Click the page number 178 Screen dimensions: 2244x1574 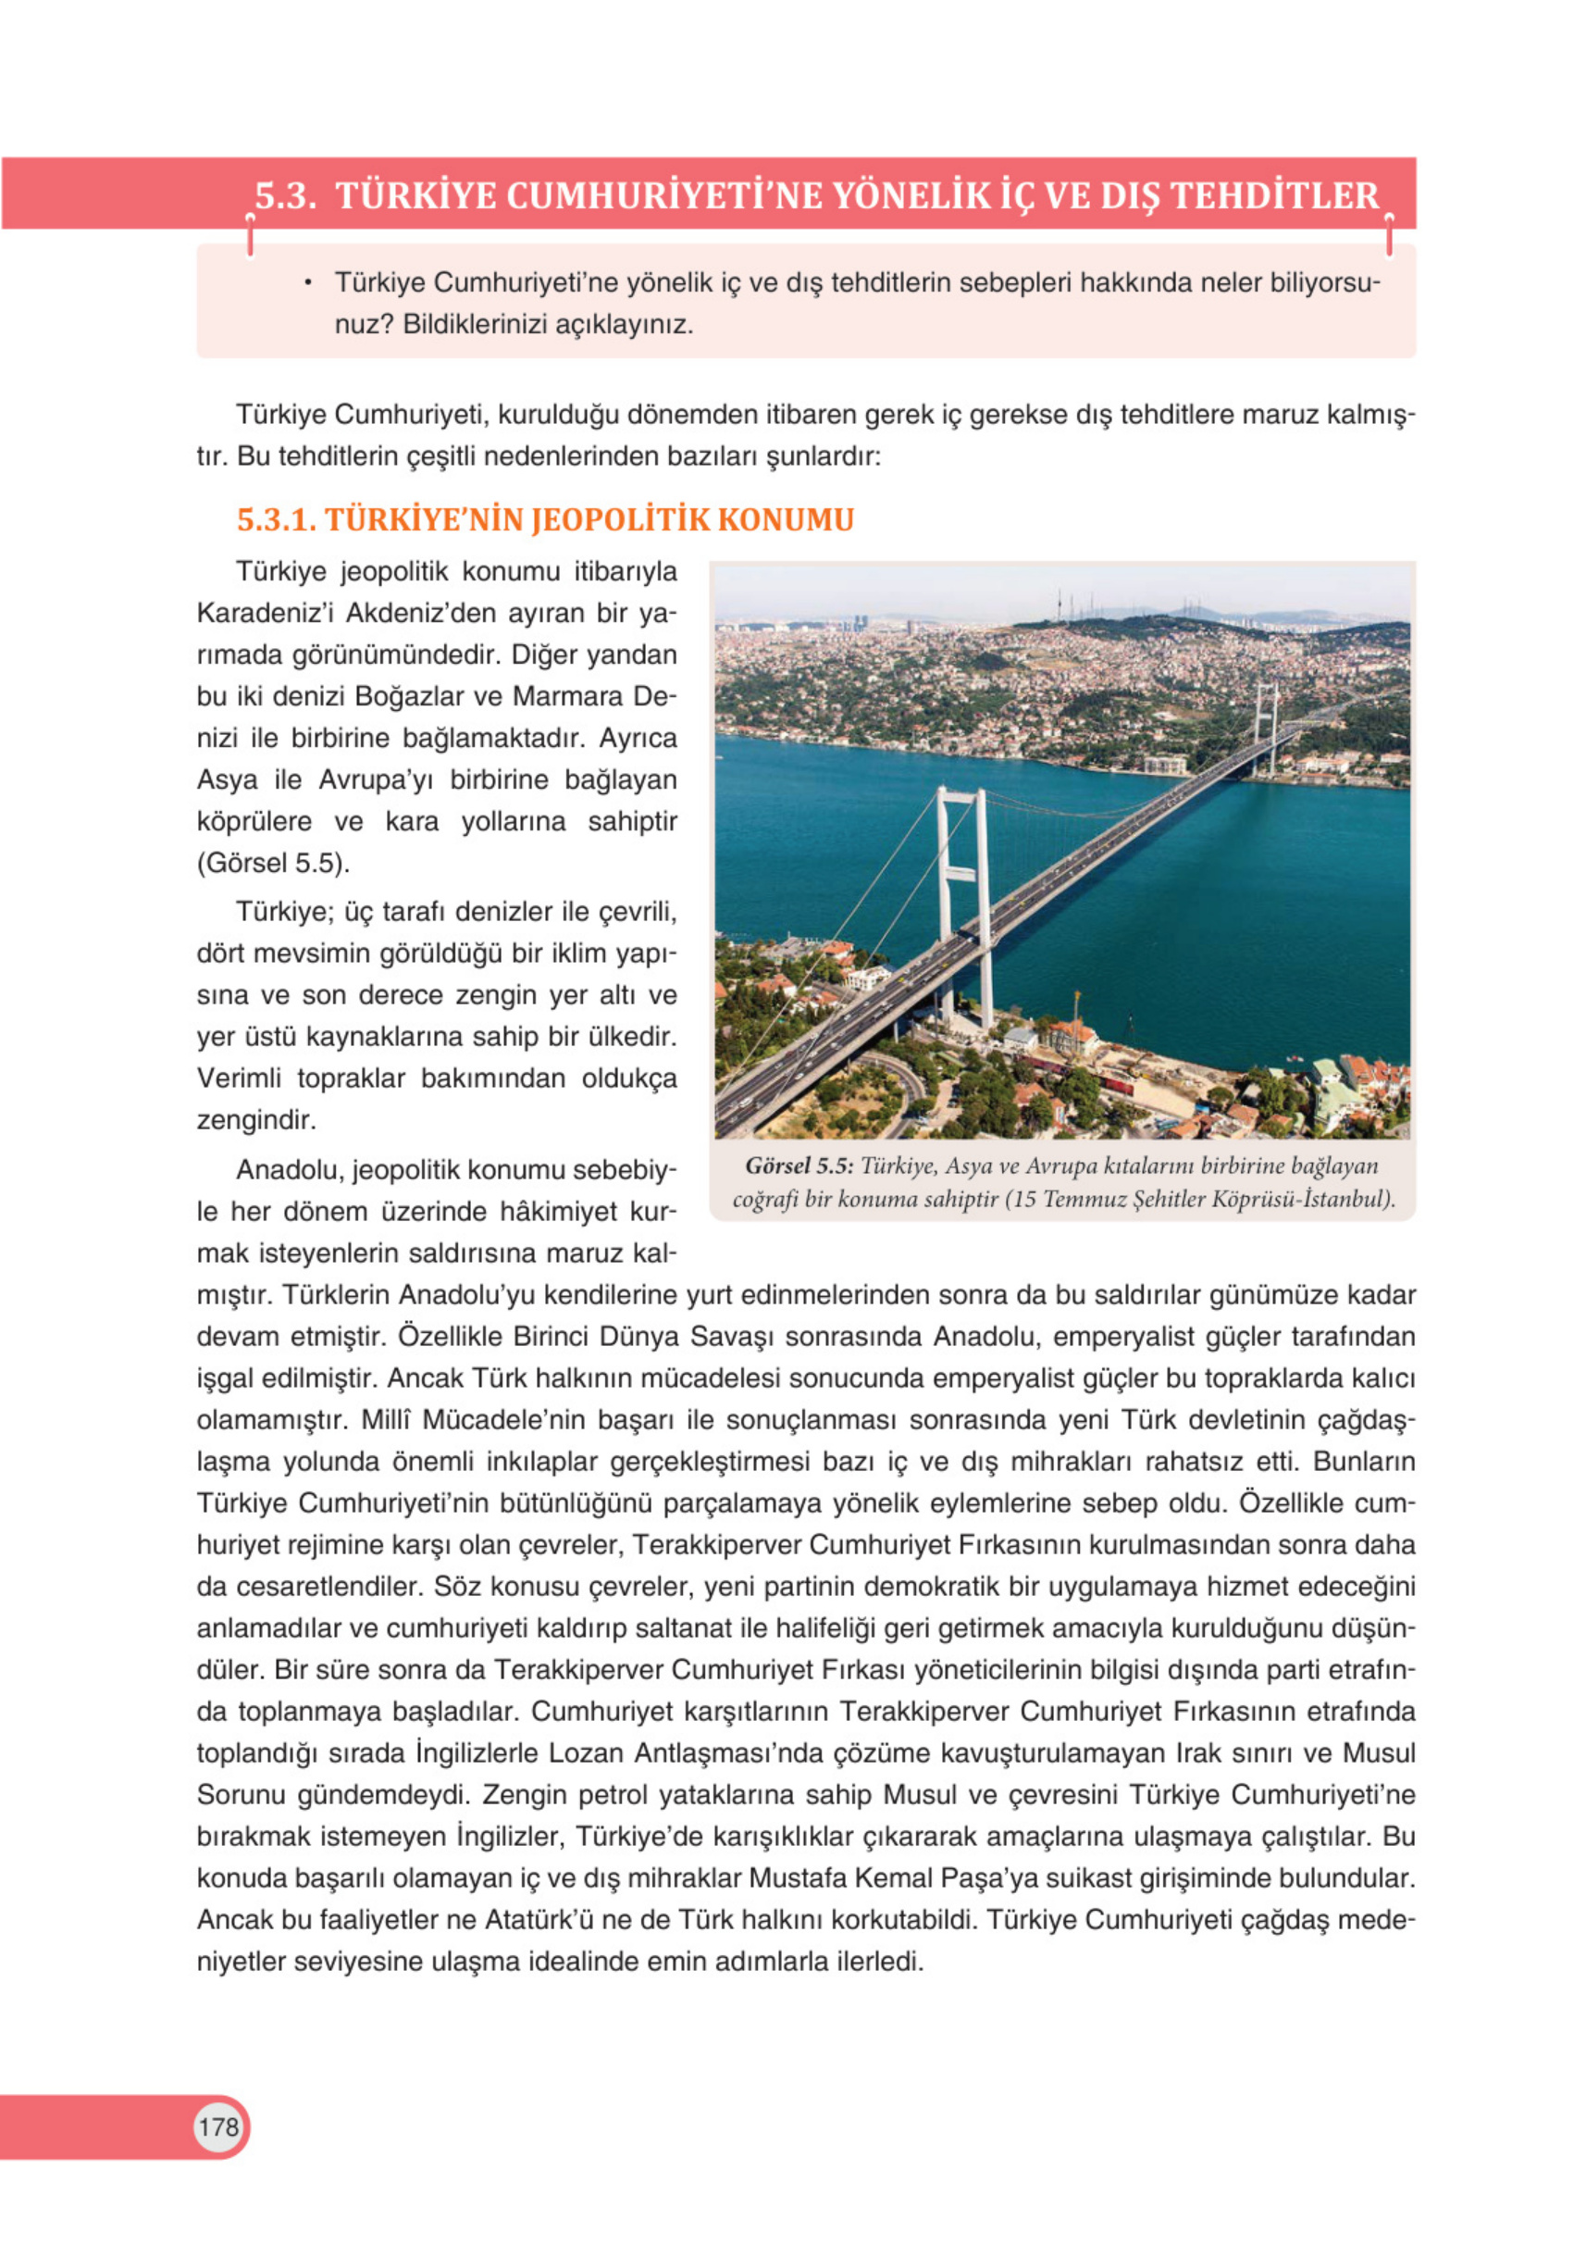217,2126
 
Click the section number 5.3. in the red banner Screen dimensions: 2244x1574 285,195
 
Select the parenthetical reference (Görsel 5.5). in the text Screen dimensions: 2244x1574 273,863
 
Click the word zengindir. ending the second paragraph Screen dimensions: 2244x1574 256,1119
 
